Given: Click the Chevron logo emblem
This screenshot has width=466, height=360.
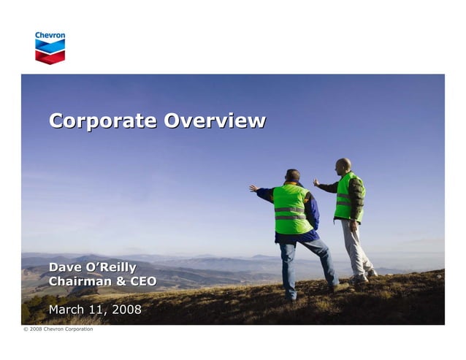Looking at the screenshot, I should pyautogui.click(x=50, y=52).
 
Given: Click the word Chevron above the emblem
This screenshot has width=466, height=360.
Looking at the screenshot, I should pyautogui.click(x=50, y=35).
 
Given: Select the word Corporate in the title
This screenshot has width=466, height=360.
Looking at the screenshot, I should pyautogui.click(x=103, y=120).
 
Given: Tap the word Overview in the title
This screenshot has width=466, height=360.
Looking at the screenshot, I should pyautogui.click(x=215, y=120).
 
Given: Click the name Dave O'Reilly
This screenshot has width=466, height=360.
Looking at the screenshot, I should pyautogui.click(x=92, y=268).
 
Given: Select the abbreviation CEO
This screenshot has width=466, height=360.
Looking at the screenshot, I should pyautogui.click(x=142, y=282).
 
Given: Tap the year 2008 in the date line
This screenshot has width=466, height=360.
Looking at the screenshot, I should pyautogui.click(x=126, y=310).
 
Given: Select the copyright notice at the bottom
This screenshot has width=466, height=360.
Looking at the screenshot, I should pyautogui.click(x=58, y=329).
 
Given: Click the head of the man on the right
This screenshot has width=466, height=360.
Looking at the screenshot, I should pyautogui.click(x=343, y=166).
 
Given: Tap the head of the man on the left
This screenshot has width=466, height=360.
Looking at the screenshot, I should pyautogui.click(x=293, y=176).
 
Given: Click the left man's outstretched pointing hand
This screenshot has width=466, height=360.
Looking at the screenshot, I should pyautogui.click(x=253, y=188).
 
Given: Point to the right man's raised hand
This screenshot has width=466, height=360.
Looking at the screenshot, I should pyautogui.click(x=316, y=183).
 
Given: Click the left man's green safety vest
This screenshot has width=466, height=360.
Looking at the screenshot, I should pyautogui.click(x=291, y=210).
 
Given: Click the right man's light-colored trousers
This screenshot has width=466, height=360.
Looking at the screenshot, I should pyautogui.click(x=355, y=248).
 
